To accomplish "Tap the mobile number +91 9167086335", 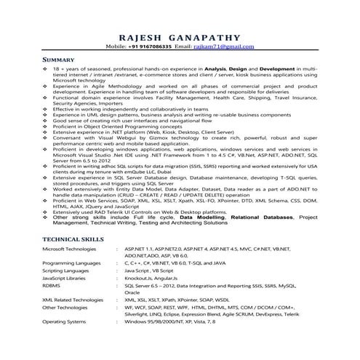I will pos(151,47).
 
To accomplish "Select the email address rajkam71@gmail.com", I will pos(218,47).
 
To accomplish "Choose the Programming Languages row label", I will pos(73,263).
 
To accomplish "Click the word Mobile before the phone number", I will pos(116,47).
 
